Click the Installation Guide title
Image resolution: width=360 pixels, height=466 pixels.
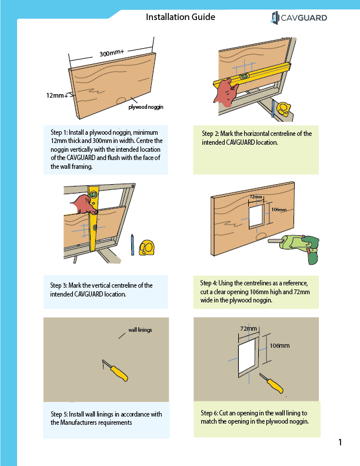pyautogui.click(x=180, y=17)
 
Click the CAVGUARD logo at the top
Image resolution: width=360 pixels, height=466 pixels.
pyautogui.click(x=299, y=18)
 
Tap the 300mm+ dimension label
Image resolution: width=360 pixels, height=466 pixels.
pyautogui.click(x=111, y=53)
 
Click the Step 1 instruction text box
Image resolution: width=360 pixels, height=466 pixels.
pyautogui.click(x=105, y=149)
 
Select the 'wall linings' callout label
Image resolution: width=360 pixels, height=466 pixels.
pyautogui.click(x=140, y=330)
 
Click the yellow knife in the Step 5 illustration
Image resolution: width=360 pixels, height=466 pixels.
pyautogui.click(x=115, y=371)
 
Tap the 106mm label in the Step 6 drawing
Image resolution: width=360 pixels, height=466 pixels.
pyautogui.click(x=279, y=345)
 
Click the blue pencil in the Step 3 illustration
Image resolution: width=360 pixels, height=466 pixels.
pyautogui.click(x=133, y=244)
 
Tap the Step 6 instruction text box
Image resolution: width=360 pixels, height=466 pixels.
pyautogui.click(x=257, y=417)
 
